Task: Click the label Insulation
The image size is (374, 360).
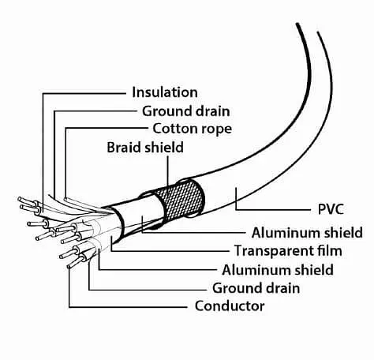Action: point(165,92)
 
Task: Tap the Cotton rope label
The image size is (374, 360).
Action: point(193,129)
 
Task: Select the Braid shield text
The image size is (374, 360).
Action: point(145,147)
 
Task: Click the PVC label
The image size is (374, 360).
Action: point(331,209)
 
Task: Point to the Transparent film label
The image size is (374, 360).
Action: point(288,250)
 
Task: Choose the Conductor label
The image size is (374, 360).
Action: point(230,306)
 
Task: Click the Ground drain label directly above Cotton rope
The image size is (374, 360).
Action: point(186,111)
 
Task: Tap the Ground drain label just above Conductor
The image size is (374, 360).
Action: point(256,288)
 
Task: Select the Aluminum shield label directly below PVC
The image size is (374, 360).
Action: point(307,233)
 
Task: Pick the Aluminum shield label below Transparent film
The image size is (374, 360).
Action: point(278,270)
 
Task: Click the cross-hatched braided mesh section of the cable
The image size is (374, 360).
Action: point(181,201)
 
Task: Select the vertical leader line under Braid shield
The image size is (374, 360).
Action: point(168,171)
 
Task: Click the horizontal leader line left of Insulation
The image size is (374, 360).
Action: point(84,93)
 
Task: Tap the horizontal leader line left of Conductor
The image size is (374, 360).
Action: point(128,307)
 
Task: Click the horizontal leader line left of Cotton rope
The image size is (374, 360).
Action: point(107,128)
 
